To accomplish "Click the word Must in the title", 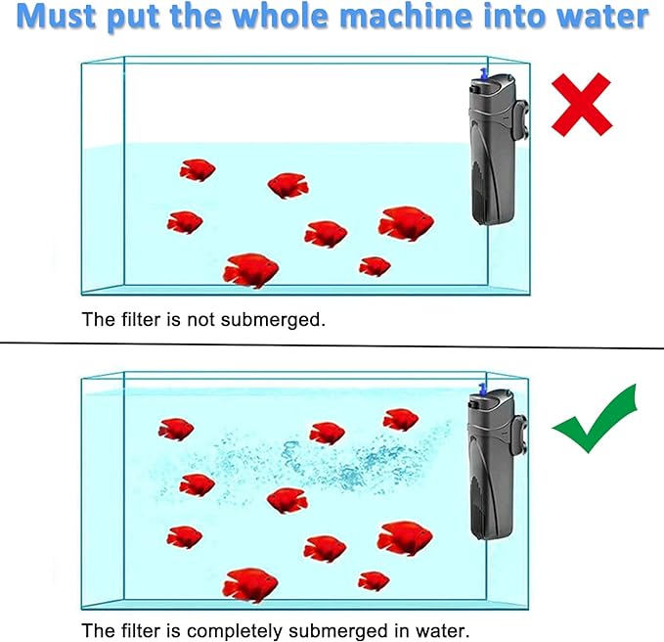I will pyautogui.click(x=61, y=17).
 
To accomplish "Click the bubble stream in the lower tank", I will pyautogui.click(x=313, y=460).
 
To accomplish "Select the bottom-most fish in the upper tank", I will pyautogui.click(x=251, y=270).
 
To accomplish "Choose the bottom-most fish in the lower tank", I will pyautogui.click(x=249, y=585).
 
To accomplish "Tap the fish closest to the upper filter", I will pyautogui.click(x=405, y=223).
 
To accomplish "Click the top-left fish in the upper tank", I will pyautogui.click(x=197, y=171).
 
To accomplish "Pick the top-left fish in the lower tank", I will pyautogui.click(x=176, y=429).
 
